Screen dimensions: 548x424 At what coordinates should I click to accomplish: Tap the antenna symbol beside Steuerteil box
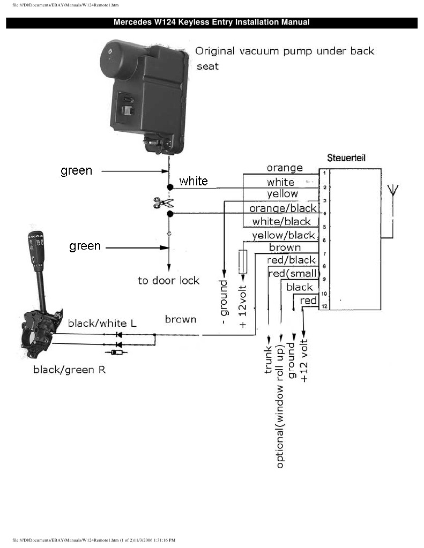coord(392,190)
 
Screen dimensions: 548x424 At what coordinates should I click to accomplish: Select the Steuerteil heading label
coord(347,159)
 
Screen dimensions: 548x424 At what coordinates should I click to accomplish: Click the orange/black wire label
coord(283,208)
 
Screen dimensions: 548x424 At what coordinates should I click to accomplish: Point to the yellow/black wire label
coord(284,235)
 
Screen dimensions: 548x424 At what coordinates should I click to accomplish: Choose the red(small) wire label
coord(292,273)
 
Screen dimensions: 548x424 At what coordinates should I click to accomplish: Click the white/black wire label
coord(281,221)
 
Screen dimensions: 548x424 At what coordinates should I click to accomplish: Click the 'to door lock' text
coord(168,281)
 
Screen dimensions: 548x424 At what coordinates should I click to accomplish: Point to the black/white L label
coord(98,323)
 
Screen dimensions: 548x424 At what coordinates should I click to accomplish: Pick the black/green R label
coord(69,369)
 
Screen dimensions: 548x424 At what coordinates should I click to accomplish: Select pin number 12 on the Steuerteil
coord(324,306)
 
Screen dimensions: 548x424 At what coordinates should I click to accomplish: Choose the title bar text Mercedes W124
coord(212,22)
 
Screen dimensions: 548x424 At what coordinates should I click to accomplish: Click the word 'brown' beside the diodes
coord(180,319)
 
